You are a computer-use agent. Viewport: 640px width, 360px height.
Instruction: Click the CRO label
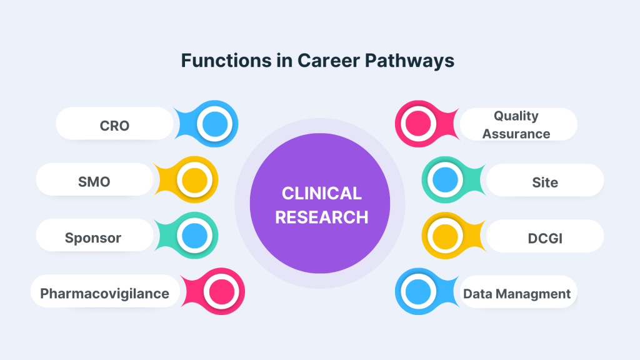pyautogui.click(x=115, y=126)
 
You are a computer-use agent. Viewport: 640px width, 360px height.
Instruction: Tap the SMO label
pyautogui.click(x=94, y=182)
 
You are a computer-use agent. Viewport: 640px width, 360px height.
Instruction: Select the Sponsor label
pyautogui.click(x=93, y=238)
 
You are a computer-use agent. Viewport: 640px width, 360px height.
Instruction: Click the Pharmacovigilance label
pyautogui.click(x=104, y=294)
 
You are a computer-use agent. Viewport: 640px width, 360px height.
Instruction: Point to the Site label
pyautogui.click(x=545, y=182)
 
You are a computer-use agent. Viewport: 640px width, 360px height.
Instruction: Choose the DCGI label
pyautogui.click(x=545, y=238)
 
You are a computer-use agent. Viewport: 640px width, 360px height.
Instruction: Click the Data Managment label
pyautogui.click(x=517, y=294)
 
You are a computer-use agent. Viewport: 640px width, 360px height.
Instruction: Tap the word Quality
pyautogui.click(x=516, y=116)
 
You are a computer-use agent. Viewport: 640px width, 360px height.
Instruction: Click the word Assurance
pyautogui.click(x=516, y=134)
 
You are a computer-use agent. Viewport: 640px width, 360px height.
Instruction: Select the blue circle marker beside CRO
pyautogui.click(x=215, y=124)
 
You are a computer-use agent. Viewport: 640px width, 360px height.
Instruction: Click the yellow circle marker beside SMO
pyautogui.click(x=195, y=180)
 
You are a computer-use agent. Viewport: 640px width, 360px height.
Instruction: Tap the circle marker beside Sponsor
pyautogui.click(x=195, y=236)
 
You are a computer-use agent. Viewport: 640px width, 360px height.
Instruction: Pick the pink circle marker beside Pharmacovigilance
pyautogui.click(x=221, y=291)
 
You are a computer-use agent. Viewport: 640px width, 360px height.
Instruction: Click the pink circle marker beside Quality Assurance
pyautogui.click(x=418, y=124)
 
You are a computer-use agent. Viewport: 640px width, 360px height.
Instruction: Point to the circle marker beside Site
pyautogui.click(x=445, y=179)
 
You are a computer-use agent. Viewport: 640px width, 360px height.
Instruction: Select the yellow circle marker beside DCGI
pyautogui.click(x=445, y=236)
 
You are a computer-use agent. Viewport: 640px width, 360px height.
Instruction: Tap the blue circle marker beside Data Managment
pyautogui.click(x=418, y=291)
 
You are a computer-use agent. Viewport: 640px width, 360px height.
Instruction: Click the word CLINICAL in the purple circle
pyautogui.click(x=322, y=194)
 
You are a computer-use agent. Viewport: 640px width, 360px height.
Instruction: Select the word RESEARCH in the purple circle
pyautogui.click(x=322, y=217)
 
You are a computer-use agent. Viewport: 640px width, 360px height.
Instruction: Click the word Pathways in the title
pyautogui.click(x=409, y=61)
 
